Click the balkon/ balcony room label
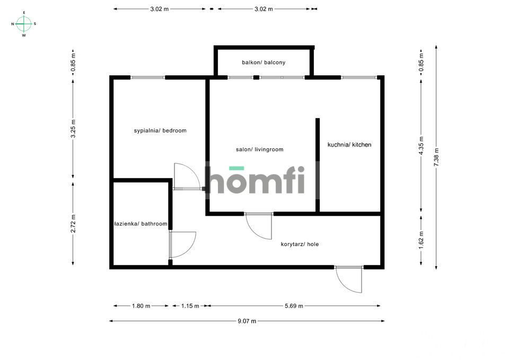pyautogui.click(x=264, y=63)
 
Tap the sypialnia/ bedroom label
pyautogui.click(x=160, y=130)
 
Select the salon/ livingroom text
pyautogui.click(x=259, y=150)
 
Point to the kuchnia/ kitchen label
pyautogui.click(x=349, y=145)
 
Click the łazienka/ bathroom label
pyautogui.click(x=141, y=224)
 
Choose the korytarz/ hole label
pyautogui.click(x=300, y=244)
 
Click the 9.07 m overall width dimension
pyautogui.click(x=247, y=321)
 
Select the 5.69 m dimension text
pyautogui.click(x=293, y=306)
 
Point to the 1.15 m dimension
pyautogui.click(x=190, y=306)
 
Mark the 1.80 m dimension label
pyautogui.click(x=141, y=306)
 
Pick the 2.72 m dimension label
pyautogui.click(x=73, y=223)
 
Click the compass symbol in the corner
pyautogui.click(x=24, y=23)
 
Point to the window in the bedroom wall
pyautogui.click(x=148, y=77)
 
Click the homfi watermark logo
pyautogui.click(x=256, y=180)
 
